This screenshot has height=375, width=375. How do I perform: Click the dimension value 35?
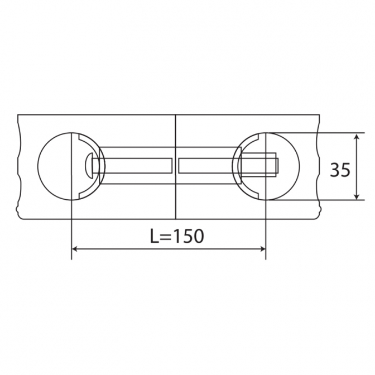(x=340, y=170)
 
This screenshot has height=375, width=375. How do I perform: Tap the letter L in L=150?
(x=155, y=236)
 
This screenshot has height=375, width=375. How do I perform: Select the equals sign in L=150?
(x=166, y=237)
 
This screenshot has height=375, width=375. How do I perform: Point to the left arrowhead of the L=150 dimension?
(x=75, y=249)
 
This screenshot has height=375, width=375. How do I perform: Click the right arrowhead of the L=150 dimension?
(x=263, y=249)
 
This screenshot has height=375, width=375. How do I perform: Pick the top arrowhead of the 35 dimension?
(x=357, y=137)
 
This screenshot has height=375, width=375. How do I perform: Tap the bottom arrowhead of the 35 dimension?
(x=357, y=196)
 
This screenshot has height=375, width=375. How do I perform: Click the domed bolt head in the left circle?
(x=89, y=166)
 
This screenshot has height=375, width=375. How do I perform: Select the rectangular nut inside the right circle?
(x=258, y=165)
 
